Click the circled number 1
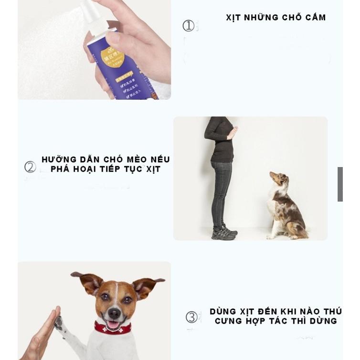[x=189, y=26]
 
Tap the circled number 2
[x=30, y=167]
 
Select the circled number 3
[x=191, y=317]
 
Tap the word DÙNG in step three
[x=223, y=312]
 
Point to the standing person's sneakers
[x=224, y=233]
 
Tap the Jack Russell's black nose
[x=114, y=313]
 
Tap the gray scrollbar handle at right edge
[x=340, y=184]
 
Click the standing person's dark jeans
[x=221, y=191]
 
